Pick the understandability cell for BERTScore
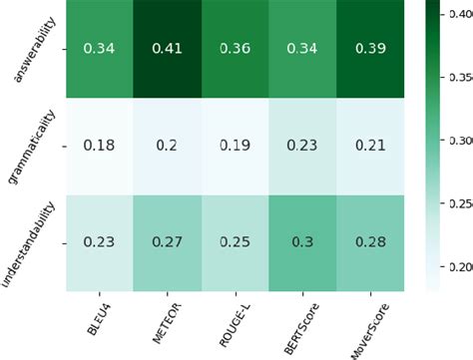(302, 241)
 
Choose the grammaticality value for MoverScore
(370, 146)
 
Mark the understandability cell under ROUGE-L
(236, 241)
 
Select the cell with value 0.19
(236, 146)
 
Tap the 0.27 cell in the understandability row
(168, 241)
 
